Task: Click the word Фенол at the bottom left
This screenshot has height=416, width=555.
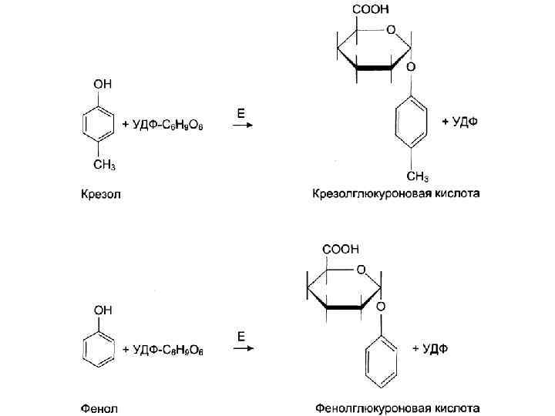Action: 100,406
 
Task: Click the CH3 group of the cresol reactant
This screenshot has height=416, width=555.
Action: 104,163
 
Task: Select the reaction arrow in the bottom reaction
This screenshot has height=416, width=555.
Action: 244,349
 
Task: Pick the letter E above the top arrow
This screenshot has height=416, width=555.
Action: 240,112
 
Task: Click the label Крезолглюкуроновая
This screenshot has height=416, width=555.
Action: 369,193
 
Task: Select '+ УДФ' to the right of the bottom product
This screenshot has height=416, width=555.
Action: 429,349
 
